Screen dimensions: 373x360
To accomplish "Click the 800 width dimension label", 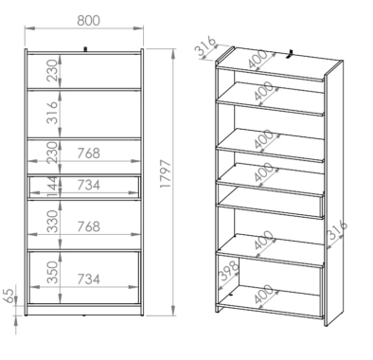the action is [88, 20].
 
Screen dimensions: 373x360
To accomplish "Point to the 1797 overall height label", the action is [165, 174].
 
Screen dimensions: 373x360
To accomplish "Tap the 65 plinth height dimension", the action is [10, 295].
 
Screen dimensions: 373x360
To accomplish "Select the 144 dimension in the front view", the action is [52, 187].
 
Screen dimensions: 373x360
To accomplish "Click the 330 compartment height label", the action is [53, 222].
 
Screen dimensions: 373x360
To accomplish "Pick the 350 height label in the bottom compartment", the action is [53, 272].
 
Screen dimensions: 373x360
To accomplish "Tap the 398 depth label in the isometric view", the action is [229, 271].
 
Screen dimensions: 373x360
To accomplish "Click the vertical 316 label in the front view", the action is [53, 113].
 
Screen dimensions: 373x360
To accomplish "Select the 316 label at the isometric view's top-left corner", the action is [206, 46].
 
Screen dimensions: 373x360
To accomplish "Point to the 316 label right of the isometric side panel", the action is [337, 230].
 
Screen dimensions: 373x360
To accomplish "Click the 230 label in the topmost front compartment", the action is [53, 70].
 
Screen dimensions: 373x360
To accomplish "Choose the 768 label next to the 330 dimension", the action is [89, 226].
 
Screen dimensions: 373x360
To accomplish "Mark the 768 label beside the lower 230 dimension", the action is [89, 153].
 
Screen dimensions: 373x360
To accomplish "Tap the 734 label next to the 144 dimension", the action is [89, 185].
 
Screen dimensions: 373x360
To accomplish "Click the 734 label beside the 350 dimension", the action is [89, 279].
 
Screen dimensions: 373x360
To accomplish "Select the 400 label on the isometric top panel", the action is [258, 60].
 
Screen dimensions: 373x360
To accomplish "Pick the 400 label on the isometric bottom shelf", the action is [263, 294].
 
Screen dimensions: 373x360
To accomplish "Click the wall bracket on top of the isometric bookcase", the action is [290, 54].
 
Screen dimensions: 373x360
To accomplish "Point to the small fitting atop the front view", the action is [84, 49].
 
